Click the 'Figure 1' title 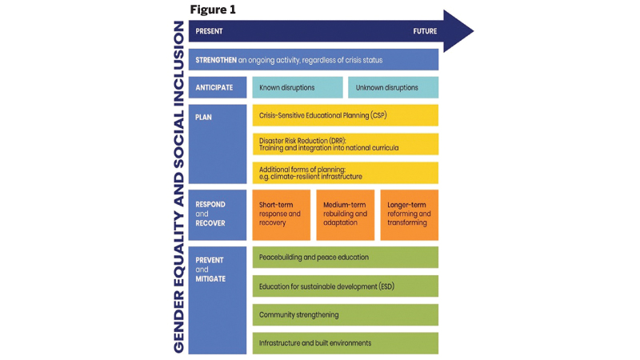point(213,10)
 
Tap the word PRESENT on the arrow point(209,31)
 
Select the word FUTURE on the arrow point(425,31)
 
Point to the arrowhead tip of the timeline point(474,31)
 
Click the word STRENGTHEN point(216,60)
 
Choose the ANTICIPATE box point(218,87)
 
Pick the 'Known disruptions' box point(298,87)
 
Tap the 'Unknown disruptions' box point(393,87)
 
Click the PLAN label point(203,117)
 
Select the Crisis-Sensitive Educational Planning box point(346,115)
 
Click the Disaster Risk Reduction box point(346,144)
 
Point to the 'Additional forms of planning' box point(346,173)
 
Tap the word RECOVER point(210,223)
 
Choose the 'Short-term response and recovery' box point(282,214)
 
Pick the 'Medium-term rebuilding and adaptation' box point(346,214)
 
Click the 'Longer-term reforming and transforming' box point(410,214)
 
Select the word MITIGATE point(210,278)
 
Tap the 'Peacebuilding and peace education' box point(346,257)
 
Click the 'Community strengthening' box point(346,314)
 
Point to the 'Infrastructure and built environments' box point(346,343)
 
